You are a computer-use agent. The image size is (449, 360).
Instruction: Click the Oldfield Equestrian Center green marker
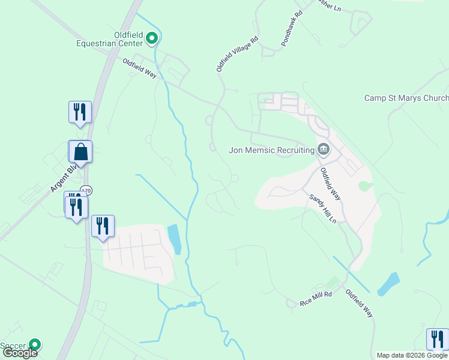coord(152,40)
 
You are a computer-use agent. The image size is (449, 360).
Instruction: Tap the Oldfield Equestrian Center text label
coord(118,39)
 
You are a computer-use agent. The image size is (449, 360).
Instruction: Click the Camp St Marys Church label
coord(406,98)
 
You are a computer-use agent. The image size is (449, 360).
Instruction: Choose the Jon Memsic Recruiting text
coord(272,150)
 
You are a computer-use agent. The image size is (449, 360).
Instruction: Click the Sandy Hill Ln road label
coord(323,208)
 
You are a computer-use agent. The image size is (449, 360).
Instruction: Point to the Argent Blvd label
coord(61,178)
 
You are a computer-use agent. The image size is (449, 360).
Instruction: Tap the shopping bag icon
coord(80,152)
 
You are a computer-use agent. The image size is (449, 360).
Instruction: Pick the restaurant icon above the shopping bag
coord(80,112)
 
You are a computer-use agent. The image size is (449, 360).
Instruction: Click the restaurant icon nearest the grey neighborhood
coord(103,226)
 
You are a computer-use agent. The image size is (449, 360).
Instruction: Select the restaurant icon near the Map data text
coord(438,338)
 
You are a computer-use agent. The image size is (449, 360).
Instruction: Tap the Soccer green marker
coord(35,345)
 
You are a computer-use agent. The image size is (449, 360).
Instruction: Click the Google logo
coord(20,353)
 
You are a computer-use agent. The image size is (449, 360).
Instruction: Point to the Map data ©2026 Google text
coord(412,355)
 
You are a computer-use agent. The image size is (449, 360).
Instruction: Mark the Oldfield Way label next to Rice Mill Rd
coord(360,304)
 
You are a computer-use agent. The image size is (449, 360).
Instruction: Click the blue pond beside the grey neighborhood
coord(173,238)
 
